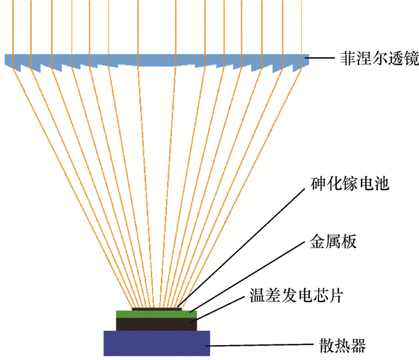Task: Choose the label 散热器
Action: click(341, 346)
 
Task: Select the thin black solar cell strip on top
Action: click(156, 309)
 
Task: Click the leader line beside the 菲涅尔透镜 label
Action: click(322, 59)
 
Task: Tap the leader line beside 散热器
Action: click(263, 346)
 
